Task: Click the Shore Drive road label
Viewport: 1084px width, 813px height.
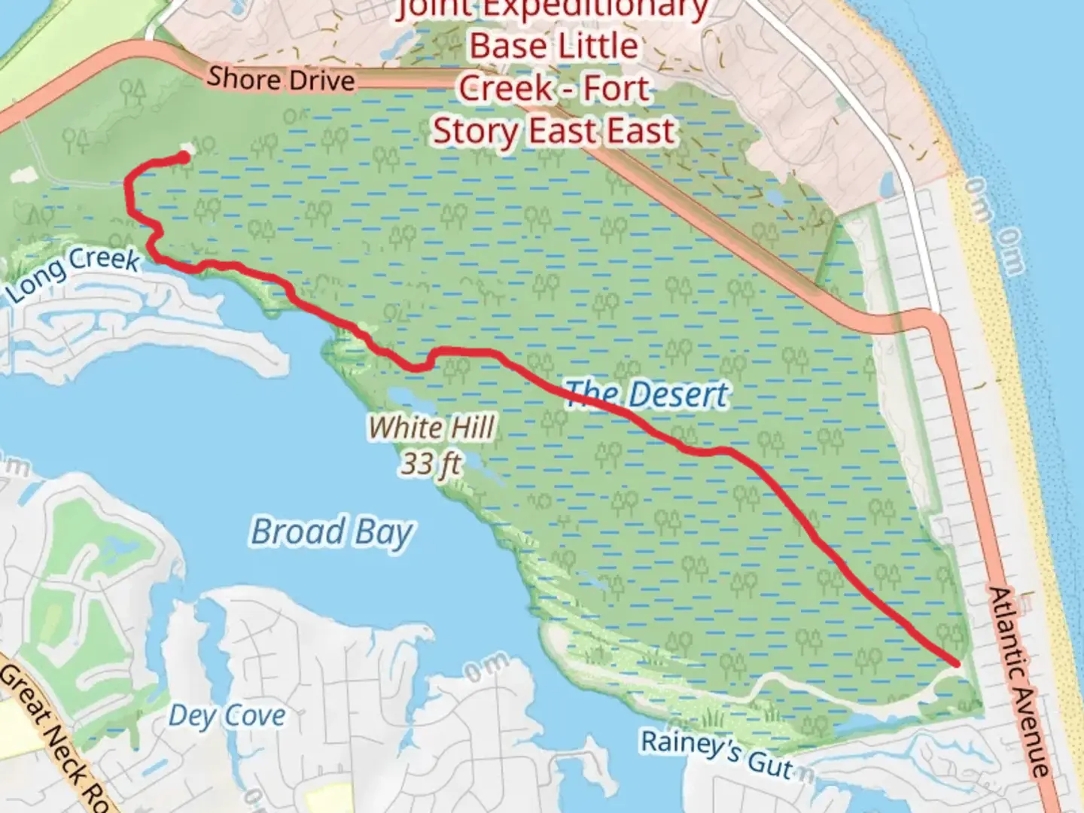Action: [x=281, y=79]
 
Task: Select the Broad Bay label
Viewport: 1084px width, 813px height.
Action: [x=331, y=531]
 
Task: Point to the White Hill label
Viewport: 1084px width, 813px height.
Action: [x=431, y=428]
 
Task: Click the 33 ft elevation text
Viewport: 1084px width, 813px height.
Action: [x=430, y=463]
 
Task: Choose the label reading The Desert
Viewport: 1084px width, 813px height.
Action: [x=647, y=394]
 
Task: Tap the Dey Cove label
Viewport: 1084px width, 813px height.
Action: [x=227, y=715]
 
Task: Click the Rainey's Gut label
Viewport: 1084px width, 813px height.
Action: [x=717, y=753]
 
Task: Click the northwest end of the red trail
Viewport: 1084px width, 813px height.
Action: [x=183, y=157]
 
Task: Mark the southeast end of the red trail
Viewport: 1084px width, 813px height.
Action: [x=956, y=663]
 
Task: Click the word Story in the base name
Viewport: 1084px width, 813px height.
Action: [x=477, y=131]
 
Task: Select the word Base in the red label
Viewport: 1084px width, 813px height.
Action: [x=501, y=46]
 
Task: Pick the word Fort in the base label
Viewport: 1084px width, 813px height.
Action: [x=615, y=89]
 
